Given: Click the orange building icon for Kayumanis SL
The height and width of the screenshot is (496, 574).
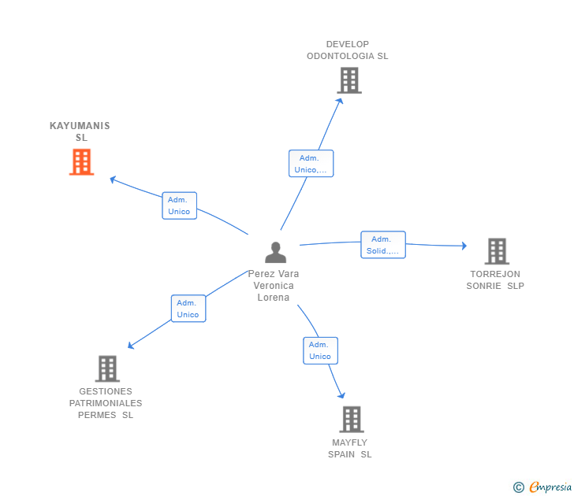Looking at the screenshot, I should point(81,161).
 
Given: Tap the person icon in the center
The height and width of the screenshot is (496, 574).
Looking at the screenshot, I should point(275,252).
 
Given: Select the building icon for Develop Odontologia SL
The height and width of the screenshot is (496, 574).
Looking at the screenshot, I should point(348,80).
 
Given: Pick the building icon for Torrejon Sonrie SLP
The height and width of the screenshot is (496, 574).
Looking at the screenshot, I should point(496,251).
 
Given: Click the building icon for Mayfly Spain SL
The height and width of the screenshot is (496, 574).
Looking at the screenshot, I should point(351,419).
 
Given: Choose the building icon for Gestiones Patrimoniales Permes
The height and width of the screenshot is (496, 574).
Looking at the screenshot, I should point(106,368).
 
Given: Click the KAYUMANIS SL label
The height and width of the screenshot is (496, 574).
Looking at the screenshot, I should point(80,131).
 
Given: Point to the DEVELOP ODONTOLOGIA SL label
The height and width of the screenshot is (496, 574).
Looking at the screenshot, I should point(348,50).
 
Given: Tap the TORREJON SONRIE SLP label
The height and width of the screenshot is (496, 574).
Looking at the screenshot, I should point(495,280).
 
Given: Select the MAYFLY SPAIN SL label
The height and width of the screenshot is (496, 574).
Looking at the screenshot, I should point(350,449).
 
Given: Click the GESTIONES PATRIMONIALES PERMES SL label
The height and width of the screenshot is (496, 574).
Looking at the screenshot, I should point(106,403).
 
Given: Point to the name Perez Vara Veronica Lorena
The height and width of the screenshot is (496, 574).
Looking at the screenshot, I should point(274,286).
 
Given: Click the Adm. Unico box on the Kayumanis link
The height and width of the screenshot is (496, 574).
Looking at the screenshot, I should point(179,205).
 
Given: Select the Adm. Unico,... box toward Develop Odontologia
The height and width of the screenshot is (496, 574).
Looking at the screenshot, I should point(311,164).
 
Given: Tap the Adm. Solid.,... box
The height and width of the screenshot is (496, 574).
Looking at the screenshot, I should point(383,245).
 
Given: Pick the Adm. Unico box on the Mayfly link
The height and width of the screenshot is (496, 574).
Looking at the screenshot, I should point(320,350).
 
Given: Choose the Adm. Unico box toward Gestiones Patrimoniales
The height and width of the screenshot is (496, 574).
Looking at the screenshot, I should point(188,309).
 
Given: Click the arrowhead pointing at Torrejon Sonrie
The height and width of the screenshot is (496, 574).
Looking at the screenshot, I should point(464,246).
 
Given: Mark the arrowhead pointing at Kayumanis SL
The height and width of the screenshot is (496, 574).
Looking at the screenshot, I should point(113,180).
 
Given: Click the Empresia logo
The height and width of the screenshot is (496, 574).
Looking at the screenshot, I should point(543,487).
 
